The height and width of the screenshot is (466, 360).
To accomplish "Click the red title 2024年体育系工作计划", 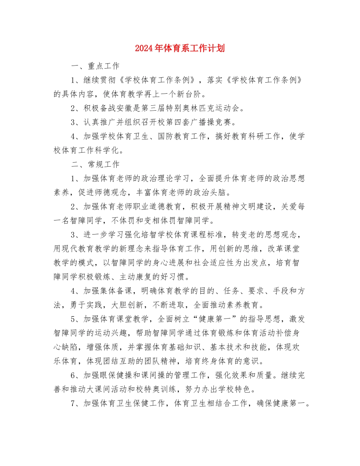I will pos(180,48).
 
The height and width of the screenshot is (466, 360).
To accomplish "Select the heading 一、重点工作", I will pos(95,66).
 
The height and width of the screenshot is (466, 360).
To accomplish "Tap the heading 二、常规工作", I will pos(95,164).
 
